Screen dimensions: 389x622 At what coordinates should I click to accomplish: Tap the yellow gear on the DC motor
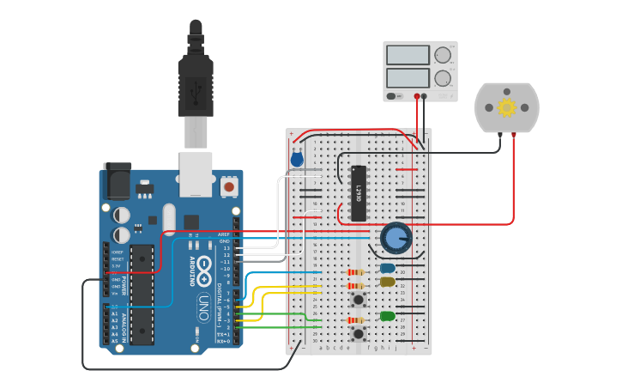pos(506,107)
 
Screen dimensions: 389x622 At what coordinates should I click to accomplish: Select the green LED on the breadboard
pos(388,316)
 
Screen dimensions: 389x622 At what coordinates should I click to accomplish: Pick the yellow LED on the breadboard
pos(388,282)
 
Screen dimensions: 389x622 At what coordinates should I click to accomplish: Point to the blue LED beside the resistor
pos(388,268)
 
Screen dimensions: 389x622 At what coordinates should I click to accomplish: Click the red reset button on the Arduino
pos(229,185)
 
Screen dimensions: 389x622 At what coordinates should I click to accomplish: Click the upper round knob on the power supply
pos(442,56)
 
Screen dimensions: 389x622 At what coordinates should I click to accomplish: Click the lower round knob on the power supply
pos(442,79)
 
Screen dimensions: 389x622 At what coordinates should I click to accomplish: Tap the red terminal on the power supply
pos(417,96)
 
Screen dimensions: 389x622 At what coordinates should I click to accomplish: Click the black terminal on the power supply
pos(425,96)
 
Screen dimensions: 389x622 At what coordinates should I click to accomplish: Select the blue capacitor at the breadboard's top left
pos(297,159)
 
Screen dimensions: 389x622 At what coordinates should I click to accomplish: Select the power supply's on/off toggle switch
pos(392,96)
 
